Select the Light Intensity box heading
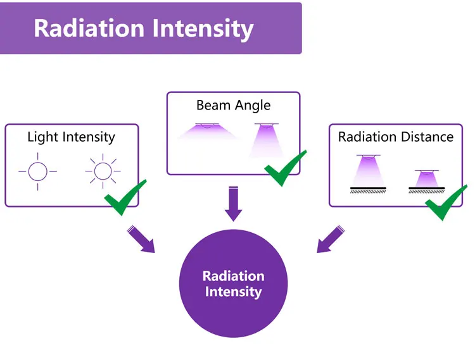(x=71, y=137)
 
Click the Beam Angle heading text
(x=233, y=105)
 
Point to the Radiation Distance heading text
(x=396, y=137)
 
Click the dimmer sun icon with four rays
(x=37, y=171)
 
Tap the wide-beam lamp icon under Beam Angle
(x=206, y=132)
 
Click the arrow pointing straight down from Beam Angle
(x=234, y=203)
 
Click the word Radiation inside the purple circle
(x=233, y=276)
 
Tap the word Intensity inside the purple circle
(x=233, y=292)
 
